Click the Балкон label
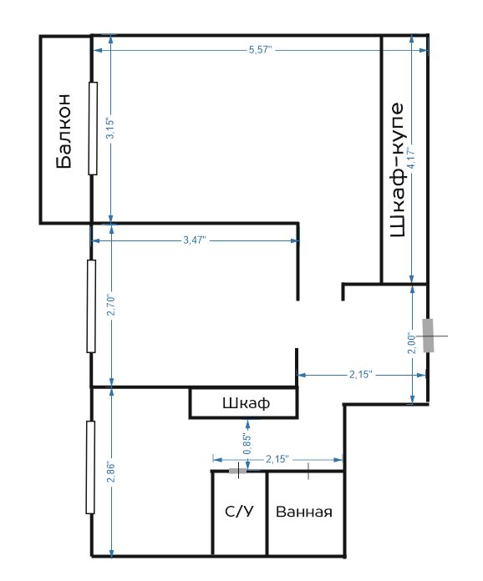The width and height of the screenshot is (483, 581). [64, 131]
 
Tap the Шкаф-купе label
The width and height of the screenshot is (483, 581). [397, 170]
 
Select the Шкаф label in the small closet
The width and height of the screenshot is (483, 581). [246, 403]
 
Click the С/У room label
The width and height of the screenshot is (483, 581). [239, 512]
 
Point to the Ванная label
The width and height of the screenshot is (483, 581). [304, 512]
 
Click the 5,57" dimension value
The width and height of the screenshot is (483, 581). [261, 49]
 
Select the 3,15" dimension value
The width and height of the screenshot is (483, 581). [110, 129]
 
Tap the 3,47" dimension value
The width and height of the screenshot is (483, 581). [195, 240]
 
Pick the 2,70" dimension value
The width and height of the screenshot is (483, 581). [111, 305]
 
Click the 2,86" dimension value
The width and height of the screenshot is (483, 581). [111, 472]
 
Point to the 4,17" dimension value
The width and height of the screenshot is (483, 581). [411, 159]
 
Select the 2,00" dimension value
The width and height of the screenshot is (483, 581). [412, 343]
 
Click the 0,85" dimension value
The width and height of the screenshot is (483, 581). [247, 444]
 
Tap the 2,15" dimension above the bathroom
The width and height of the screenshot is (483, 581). [277, 459]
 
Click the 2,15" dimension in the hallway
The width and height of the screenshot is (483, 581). [361, 374]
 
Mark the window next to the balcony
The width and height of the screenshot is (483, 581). [93, 129]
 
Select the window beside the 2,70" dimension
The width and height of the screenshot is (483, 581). [91, 306]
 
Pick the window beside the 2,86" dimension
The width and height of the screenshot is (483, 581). [90, 467]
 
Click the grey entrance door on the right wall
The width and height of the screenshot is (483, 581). [429, 336]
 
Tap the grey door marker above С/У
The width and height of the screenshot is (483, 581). [237, 471]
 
